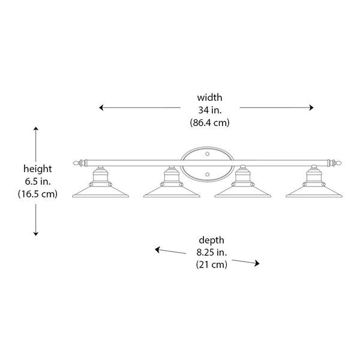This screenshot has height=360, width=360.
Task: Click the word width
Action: [209, 97]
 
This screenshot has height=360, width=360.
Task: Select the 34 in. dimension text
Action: [209, 110]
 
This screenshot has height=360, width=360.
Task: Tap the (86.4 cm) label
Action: [209, 122]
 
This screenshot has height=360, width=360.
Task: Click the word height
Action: [37, 169]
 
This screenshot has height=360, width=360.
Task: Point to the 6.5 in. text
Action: [37, 181]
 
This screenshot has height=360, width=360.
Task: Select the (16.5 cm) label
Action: [37, 194]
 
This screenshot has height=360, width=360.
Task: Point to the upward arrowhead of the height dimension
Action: [37, 130]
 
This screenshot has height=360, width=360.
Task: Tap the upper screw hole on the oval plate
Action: [206, 154]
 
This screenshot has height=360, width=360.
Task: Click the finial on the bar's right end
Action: [340, 162]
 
